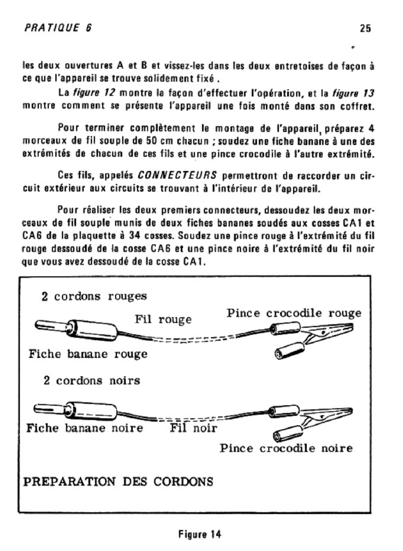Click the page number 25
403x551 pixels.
[365, 29]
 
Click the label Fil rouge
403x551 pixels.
[163, 320]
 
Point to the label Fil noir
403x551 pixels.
[194, 428]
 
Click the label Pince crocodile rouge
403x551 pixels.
[294, 313]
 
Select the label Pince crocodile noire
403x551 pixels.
[286, 448]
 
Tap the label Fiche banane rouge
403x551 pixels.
[88, 354]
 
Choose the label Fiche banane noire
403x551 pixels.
[84, 428]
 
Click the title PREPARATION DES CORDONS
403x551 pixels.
[117, 481]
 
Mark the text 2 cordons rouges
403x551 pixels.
[94, 296]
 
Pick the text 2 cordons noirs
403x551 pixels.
[91, 380]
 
